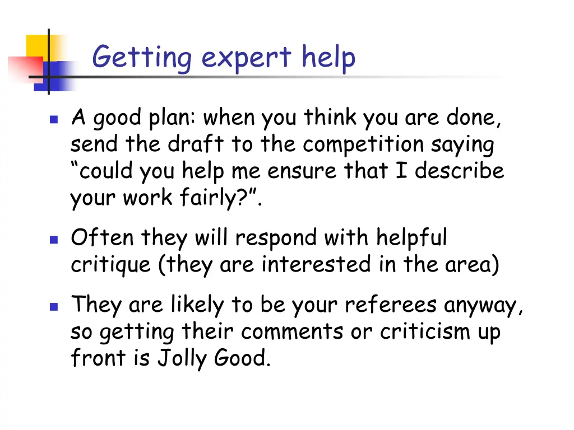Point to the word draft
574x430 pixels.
click(x=196, y=145)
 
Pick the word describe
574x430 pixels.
click(x=459, y=171)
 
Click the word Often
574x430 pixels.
click(x=102, y=238)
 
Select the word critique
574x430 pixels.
click(x=110, y=264)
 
